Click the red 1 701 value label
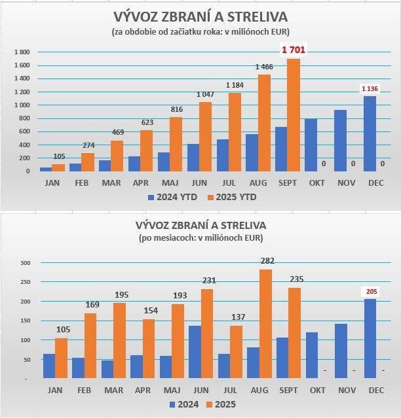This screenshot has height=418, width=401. (x=294, y=50)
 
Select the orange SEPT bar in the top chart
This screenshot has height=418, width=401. (x=293, y=115)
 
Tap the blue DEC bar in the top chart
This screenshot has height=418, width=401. (x=370, y=133)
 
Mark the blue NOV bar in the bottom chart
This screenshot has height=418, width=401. (x=340, y=351)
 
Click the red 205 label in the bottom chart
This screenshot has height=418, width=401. (x=371, y=292)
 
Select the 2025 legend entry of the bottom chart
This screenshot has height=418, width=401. (x=221, y=404)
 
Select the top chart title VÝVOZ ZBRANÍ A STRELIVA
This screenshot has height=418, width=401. (x=200, y=16)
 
